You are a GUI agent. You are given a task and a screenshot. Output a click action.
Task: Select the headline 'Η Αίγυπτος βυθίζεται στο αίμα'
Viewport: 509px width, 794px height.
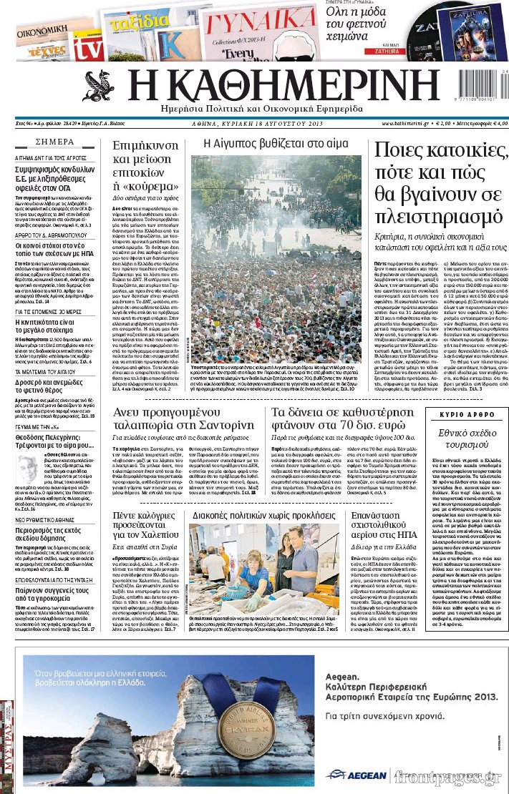[276, 143]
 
